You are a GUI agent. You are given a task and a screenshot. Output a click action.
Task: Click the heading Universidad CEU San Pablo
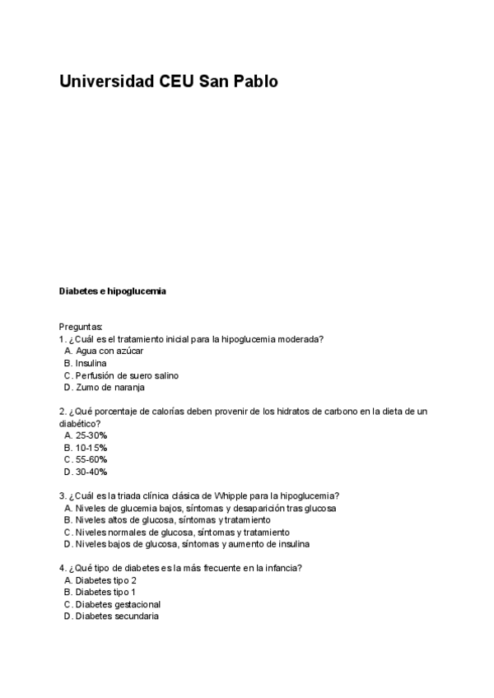coord(169,82)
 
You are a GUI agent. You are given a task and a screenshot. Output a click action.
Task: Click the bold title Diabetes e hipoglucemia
coord(113,291)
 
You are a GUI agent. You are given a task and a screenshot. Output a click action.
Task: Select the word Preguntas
coord(81,327)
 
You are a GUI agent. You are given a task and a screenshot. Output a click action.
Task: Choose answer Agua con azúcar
coord(109,351)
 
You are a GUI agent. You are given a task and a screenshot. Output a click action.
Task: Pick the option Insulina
coord(91,363)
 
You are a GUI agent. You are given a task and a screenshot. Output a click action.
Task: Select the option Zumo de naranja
coord(110,388)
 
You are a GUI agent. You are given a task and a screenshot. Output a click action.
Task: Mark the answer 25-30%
coord(91,435)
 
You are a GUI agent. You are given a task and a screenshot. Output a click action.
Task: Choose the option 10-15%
coord(91,448)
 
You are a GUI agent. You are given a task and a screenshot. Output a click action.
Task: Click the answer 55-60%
coord(91,459)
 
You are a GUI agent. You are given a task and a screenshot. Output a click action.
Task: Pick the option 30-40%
coord(91,472)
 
